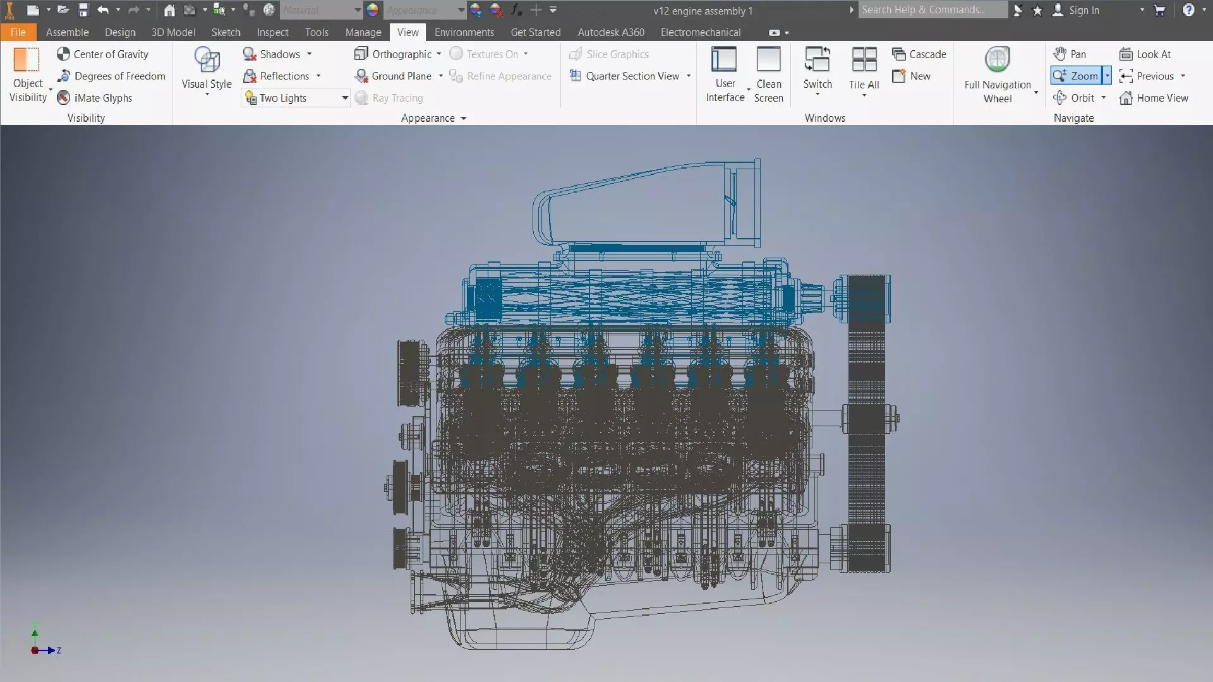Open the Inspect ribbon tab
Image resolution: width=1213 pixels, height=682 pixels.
pos(272,32)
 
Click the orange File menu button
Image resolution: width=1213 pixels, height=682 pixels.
pos(18,32)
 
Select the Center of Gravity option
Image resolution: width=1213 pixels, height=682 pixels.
pos(103,54)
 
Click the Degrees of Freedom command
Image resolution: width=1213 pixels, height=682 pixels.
pos(111,76)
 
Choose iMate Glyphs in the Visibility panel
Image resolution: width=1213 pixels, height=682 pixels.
pos(95,98)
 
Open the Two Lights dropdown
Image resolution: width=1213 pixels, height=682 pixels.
pos(345,98)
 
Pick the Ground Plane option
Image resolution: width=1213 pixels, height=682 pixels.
pos(394,76)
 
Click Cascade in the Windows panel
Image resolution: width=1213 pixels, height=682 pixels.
pos(919,54)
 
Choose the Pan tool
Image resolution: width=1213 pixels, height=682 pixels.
pos(1070,54)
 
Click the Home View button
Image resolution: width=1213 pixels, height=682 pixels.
pos(1154,98)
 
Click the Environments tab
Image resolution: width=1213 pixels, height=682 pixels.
pos(464,32)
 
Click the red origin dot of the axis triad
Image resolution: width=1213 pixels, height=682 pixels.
pos(34,650)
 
